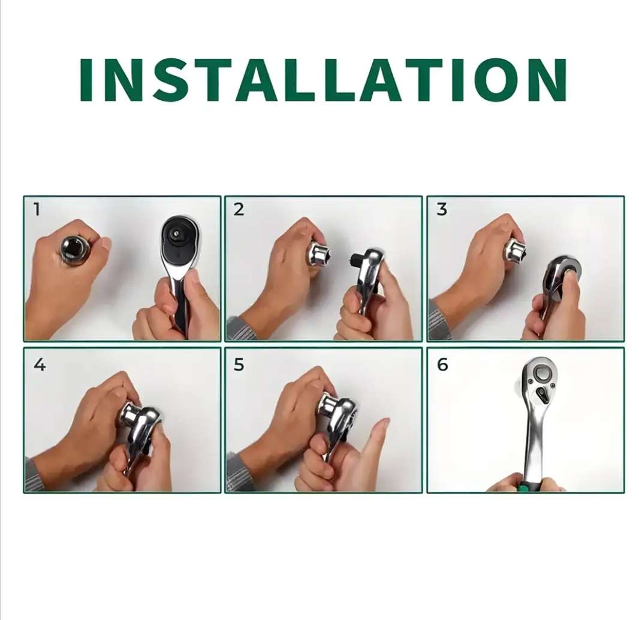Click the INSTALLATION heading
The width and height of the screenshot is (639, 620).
coord(322,80)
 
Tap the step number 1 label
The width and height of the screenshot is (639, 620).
coord(37,209)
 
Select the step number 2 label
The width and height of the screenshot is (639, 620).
coord(239,209)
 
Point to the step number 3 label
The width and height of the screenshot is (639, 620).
coord(442,210)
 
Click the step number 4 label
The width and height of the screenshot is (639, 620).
coord(39,365)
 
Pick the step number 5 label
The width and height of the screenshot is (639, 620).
coord(239,365)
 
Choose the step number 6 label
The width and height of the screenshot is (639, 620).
coord(442,365)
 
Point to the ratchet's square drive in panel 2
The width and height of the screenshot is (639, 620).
coord(355,260)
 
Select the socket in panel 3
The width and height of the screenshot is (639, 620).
coord(515,249)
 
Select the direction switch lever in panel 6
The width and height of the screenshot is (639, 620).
coord(543,396)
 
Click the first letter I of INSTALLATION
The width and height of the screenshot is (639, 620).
coord(88,80)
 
